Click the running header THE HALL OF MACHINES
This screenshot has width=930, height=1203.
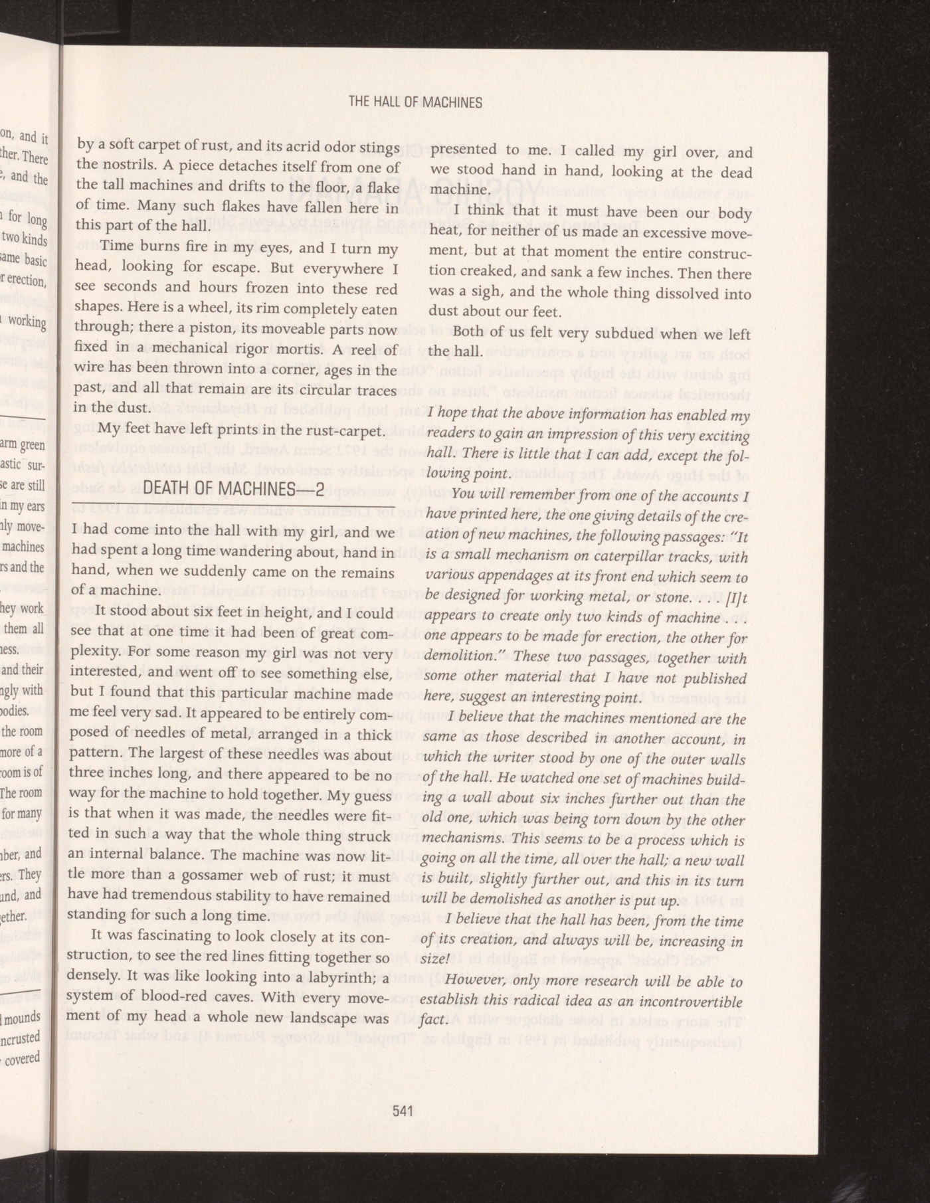click(x=415, y=102)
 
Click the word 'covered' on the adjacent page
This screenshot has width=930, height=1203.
click(x=23, y=1059)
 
